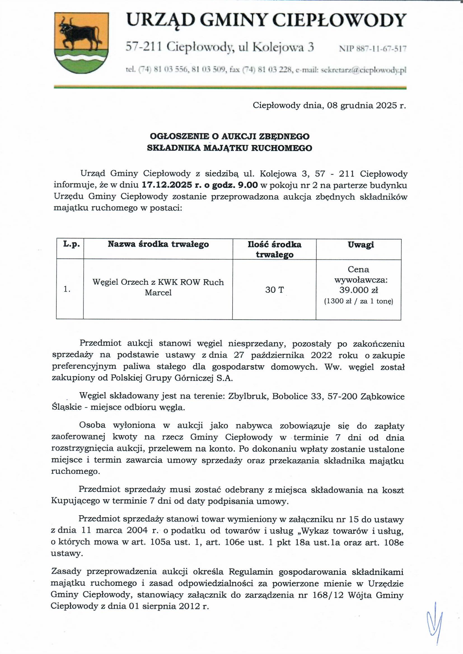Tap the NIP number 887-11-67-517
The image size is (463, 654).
(x=373, y=49)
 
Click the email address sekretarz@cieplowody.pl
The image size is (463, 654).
(x=364, y=70)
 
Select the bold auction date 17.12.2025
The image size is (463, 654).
(x=167, y=185)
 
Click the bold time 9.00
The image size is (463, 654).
(x=248, y=185)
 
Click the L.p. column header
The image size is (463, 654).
(x=71, y=244)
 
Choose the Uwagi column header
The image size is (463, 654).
(x=361, y=245)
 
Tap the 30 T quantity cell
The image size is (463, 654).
(x=274, y=290)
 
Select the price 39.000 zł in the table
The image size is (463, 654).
(x=358, y=290)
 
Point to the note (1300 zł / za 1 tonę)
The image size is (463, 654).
(x=358, y=301)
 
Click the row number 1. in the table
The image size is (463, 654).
(x=67, y=290)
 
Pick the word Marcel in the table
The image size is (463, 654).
(x=158, y=293)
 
